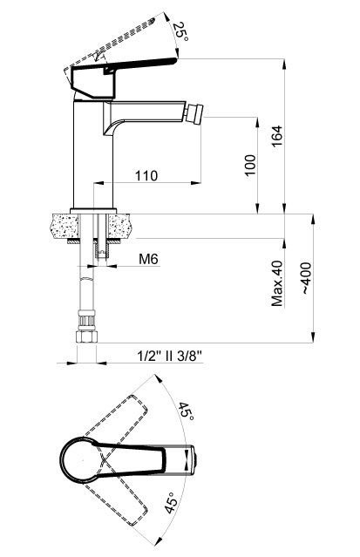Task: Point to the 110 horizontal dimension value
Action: coord(147,175)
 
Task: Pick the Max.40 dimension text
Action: coord(277,284)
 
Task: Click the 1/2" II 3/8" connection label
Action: coord(171,356)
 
